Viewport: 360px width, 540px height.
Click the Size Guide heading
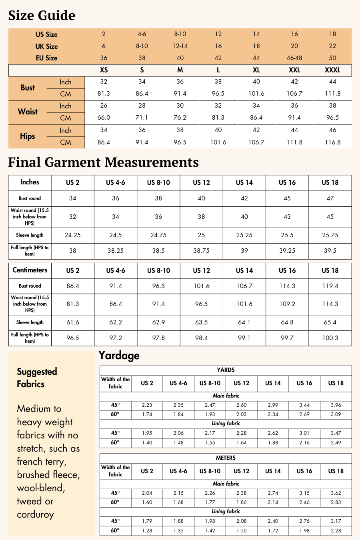[x=42, y=16]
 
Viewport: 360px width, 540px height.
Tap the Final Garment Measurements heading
[x=103, y=162]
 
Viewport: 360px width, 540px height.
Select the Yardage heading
[x=119, y=356]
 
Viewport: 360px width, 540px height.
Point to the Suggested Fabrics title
[x=37, y=378]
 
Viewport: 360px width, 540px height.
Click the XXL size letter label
[x=294, y=70]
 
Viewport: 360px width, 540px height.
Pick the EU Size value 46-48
[x=294, y=58]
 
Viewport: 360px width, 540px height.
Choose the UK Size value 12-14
[x=180, y=46]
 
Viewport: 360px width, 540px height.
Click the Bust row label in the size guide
[x=28, y=88]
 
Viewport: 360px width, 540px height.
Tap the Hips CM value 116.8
[x=333, y=142]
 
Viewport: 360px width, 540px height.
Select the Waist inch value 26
[x=104, y=106]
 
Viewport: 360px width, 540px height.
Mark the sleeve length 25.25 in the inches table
[x=244, y=235]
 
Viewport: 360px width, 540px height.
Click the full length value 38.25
[x=116, y=251]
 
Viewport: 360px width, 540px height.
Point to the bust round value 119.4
[x=330, y=286]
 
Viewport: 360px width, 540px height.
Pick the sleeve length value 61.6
[x=72, y=322]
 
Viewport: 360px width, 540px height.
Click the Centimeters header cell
[x=30, y=270]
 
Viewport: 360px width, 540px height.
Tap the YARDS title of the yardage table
[x=226, y=370]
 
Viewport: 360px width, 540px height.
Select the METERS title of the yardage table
[x=226, y=458]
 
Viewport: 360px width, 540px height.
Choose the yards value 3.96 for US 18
[x=336, y=405]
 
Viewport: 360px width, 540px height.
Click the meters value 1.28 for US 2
[x=147, y=531]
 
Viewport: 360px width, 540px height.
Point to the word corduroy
[x=35, y=514]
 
